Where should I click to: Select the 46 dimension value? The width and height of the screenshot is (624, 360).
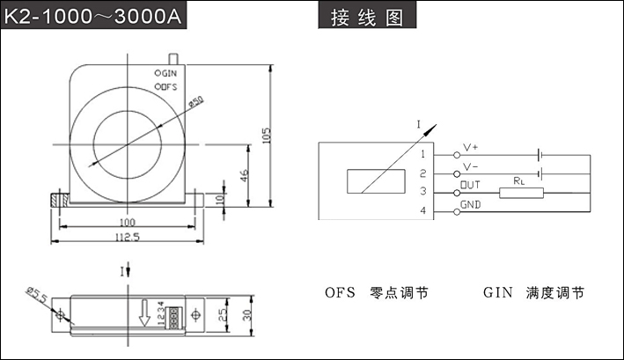245,175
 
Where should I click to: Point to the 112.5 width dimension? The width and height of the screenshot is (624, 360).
127,237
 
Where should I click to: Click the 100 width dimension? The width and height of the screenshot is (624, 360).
127,222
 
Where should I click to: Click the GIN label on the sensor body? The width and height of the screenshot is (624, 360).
168,73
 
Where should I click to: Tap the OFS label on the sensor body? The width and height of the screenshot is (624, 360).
168,87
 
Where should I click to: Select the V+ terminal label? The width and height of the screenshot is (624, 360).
471,150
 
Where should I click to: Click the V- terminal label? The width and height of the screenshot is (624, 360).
471,166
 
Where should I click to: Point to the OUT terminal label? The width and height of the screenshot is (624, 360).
472,184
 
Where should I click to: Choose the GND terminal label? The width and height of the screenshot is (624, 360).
473,205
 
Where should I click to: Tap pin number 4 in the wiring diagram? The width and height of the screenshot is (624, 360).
422,211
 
